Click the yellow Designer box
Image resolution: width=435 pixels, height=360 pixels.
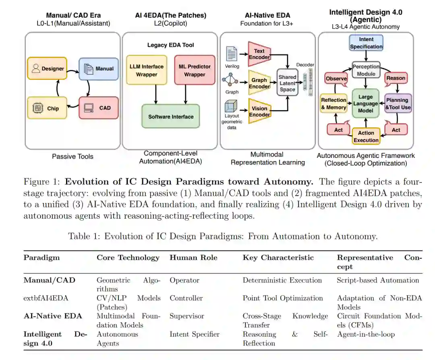[48, 68]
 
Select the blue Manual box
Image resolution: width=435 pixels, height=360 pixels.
[99, 68]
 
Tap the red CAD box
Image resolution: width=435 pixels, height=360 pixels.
[99, 108]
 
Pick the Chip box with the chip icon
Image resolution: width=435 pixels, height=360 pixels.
[48, 108]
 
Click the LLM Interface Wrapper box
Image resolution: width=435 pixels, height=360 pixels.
[147, 70]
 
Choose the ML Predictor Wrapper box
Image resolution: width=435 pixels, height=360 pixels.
[195, 70]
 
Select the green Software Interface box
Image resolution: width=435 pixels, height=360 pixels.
[170, 116]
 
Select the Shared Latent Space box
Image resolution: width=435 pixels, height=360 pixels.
[287, 83]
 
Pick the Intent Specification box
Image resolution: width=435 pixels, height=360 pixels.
[366, 43]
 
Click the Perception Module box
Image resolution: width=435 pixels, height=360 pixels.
[366, 70]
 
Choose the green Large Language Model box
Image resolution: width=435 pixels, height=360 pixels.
[365, 103]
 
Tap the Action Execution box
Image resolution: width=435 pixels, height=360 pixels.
[366, 137]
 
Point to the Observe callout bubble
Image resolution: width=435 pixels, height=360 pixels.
[336, 79]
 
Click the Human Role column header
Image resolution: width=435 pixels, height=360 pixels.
[193, 258]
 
